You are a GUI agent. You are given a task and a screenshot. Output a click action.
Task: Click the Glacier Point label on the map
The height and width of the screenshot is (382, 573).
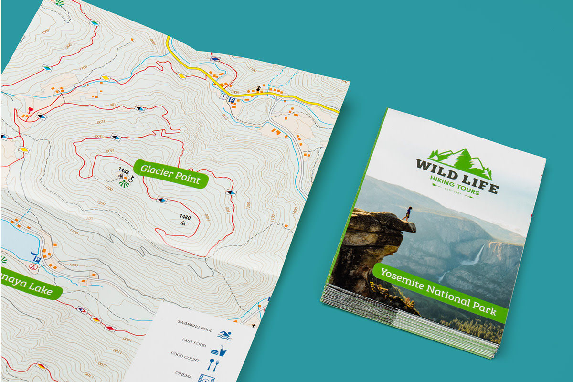pyautogui.click(x=170, y=173)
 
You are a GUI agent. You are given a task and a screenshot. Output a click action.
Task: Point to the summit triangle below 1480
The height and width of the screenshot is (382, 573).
pyautogui.click(x=182, y=223)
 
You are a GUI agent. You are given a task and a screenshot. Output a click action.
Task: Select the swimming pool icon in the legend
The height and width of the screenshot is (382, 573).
pyautogui.click(x=224, y=335)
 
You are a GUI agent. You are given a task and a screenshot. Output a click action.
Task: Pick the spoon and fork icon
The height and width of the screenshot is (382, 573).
pyautogui.click(x=213, y=365)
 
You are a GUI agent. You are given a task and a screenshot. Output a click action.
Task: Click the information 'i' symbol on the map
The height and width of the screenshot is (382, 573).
pyautogui.click(x=223, y=96)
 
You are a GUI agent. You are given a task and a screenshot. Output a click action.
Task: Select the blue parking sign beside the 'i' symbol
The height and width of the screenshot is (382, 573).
pyautogui.click(x=231, y=100)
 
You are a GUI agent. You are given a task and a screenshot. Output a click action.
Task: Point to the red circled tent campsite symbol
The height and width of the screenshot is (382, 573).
pyautogui.click(x=32, y=268)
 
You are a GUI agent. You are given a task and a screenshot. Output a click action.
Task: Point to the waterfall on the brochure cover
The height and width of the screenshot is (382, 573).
pyautogui.click(x=476, y=255)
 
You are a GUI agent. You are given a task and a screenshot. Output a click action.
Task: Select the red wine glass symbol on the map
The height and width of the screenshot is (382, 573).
pyautogui.click(x=31, y=110)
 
